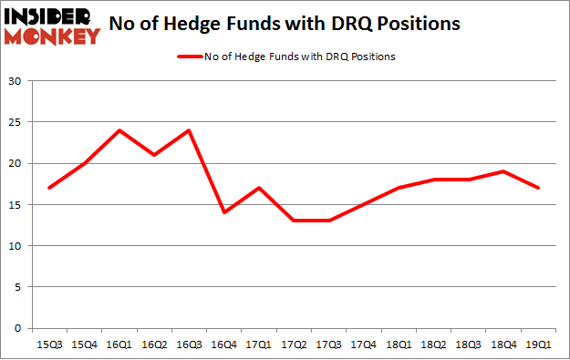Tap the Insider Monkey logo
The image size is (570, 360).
(52, 25)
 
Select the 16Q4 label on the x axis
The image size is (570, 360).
(223, 344)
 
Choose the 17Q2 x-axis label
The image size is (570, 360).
(293, 344)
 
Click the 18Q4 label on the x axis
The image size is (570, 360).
(502, 344)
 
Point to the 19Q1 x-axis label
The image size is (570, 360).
(536, 344)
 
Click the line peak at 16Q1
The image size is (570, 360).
(119, 130)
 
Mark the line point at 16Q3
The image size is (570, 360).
(189, 130)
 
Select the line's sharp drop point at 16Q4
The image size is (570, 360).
(223, 212)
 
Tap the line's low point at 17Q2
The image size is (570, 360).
(293, 221)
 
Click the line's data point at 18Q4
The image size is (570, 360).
(502, 171)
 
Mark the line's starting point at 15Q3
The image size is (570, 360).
(49, 188)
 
